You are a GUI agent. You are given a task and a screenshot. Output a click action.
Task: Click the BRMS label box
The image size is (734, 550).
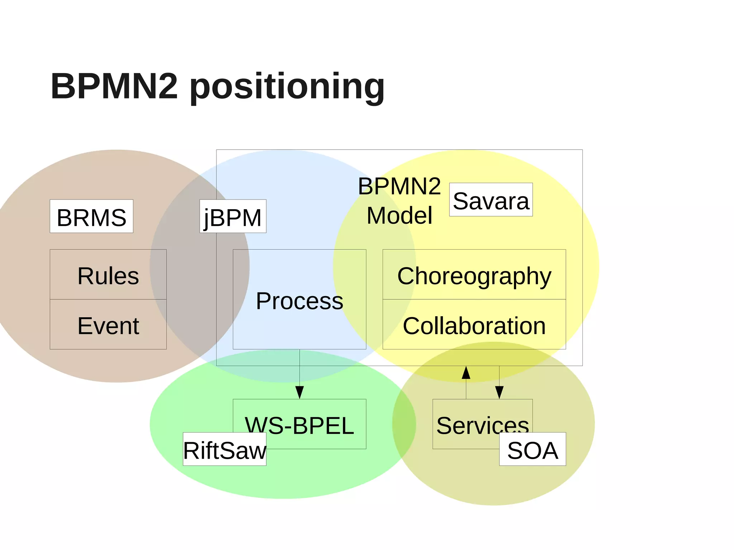[91, 216]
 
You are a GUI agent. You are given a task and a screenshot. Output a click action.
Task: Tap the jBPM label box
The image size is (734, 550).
[233, 216]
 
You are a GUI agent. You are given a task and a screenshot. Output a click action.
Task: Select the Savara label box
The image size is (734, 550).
[491, 200]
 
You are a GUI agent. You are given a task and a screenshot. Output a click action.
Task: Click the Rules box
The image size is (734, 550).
[108, 275]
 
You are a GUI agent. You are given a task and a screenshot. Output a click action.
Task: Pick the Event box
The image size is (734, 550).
[108, 325]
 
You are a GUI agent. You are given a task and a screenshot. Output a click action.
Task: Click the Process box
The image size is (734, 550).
[299, 300]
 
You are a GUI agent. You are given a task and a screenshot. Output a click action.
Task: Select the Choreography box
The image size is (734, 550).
[474, 275]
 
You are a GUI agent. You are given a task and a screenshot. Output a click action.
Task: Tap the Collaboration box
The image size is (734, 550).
[474, 325]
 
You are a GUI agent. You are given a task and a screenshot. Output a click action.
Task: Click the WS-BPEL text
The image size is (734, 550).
[299, 425]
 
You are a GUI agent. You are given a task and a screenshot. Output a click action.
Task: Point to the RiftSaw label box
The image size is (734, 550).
[224, 449]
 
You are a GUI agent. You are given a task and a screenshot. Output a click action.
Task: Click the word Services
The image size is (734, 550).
[482, 425]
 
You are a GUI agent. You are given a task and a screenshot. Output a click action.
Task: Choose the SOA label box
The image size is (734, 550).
[532, 449]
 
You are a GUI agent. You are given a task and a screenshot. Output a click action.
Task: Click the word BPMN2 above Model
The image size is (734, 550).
[399, 186]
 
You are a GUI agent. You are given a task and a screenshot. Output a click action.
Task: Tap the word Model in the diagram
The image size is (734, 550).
[399, 215]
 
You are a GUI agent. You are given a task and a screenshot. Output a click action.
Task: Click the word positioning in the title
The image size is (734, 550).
[287, 87]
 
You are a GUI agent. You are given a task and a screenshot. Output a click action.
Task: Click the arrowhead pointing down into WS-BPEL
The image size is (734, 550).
[300, 392]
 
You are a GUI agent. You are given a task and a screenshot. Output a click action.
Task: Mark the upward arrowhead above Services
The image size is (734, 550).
[466, 373]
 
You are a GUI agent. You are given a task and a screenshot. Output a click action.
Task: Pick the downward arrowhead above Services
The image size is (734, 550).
[499, 392]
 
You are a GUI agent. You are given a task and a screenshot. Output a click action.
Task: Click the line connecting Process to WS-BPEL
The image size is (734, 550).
[300, 367]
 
